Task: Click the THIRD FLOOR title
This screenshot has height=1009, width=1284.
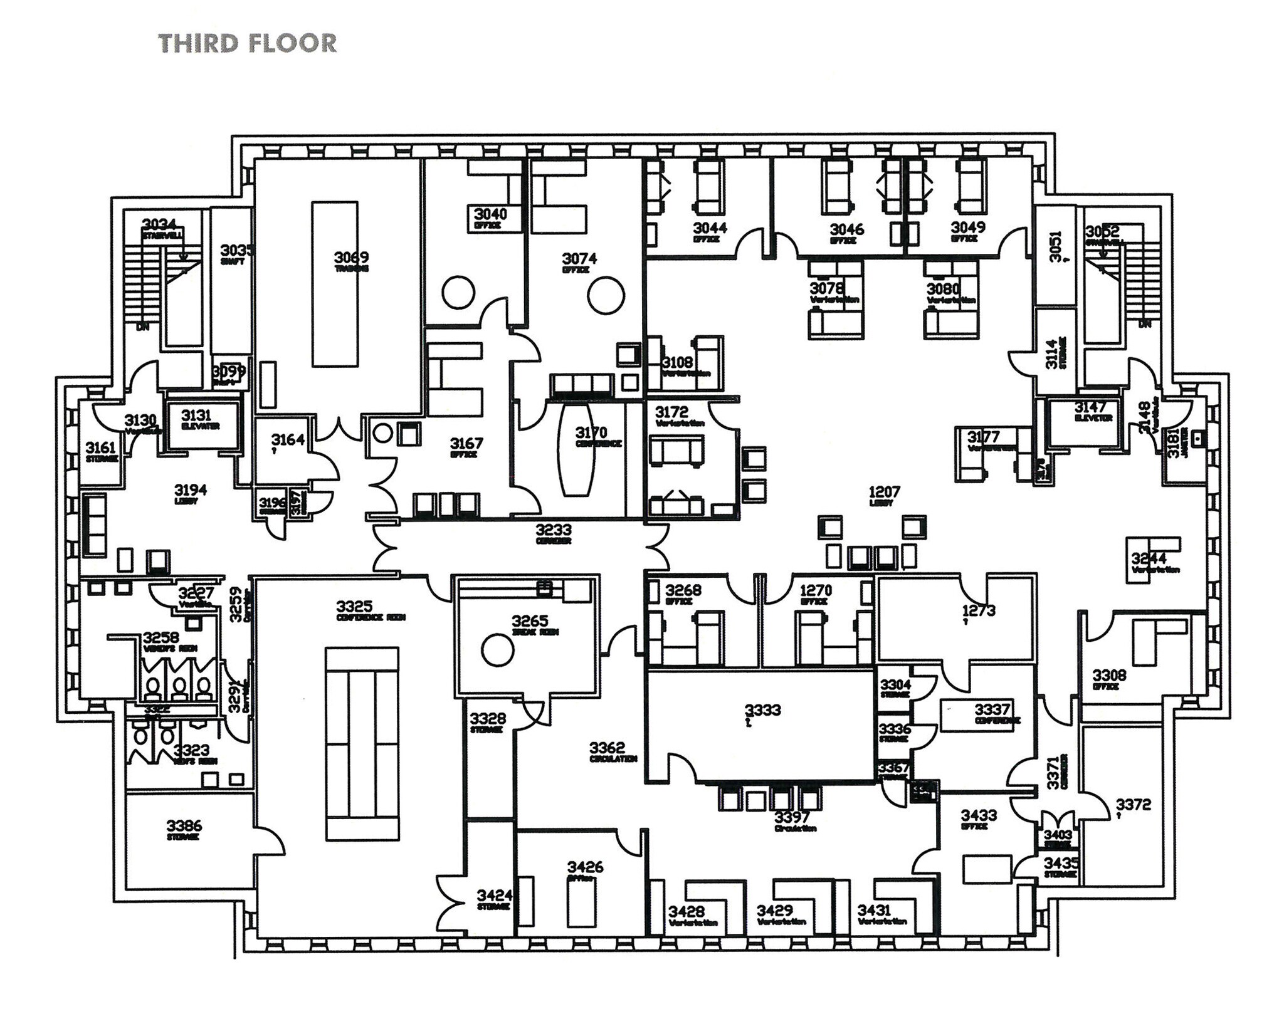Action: click(x=248, y=43)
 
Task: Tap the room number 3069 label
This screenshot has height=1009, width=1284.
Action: click(x=351, y=258)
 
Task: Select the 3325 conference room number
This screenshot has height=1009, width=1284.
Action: click(x=354, y=606)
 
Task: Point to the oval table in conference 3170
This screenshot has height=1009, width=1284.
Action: click(x=577, y=449)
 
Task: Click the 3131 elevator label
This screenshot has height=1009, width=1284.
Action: click(x=196, y=415)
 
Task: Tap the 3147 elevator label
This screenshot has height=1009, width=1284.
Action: click(x=1090, y=408)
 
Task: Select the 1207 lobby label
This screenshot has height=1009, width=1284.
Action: click(x=884, y=493)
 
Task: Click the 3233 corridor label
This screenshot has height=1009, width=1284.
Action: click(x=554, y=531)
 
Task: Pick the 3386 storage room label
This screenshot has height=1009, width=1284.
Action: click(x=184, y=826)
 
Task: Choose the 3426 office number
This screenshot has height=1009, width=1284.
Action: click(x=585, y=867)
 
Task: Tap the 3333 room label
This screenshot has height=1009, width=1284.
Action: click(x=762, y=709)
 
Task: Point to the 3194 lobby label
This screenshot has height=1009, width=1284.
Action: click(x=191, y=490)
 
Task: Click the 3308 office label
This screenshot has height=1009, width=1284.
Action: click(x=1109, y=676)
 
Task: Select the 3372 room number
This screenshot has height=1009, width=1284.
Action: click(x=1133, y=805)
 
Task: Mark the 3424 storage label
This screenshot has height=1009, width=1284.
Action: click(x=494, y=895)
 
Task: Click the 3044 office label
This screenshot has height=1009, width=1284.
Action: click(x=710, y=227)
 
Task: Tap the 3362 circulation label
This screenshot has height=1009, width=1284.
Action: click(x=607, y=748)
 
